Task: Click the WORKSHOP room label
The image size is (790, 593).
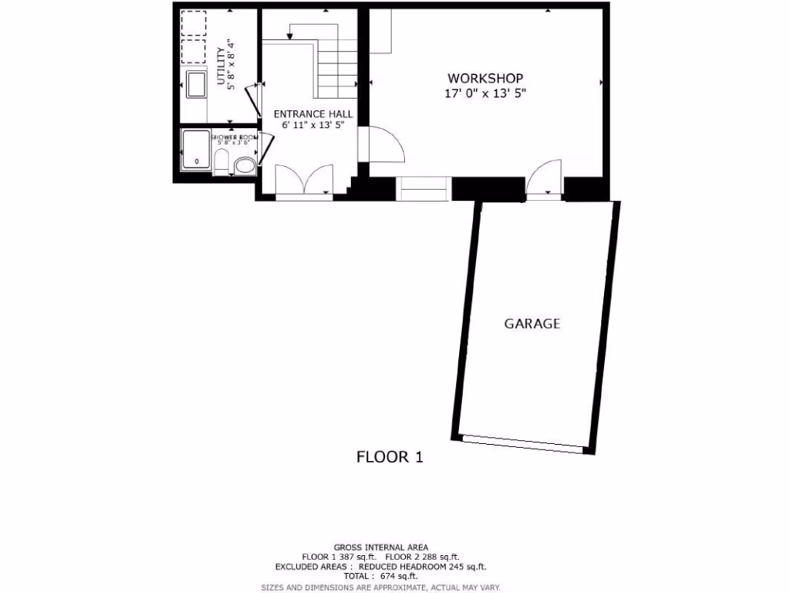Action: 485,79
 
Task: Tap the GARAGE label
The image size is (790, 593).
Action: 532,324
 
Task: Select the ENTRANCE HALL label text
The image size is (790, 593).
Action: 313,114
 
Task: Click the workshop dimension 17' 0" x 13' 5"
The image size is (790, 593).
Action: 485,93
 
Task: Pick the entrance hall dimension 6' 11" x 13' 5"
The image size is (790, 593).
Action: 312,124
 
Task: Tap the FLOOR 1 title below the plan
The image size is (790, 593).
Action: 390,456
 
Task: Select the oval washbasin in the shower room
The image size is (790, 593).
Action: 245,165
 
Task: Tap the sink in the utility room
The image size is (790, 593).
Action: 196,83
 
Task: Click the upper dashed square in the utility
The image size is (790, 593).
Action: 194,23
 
